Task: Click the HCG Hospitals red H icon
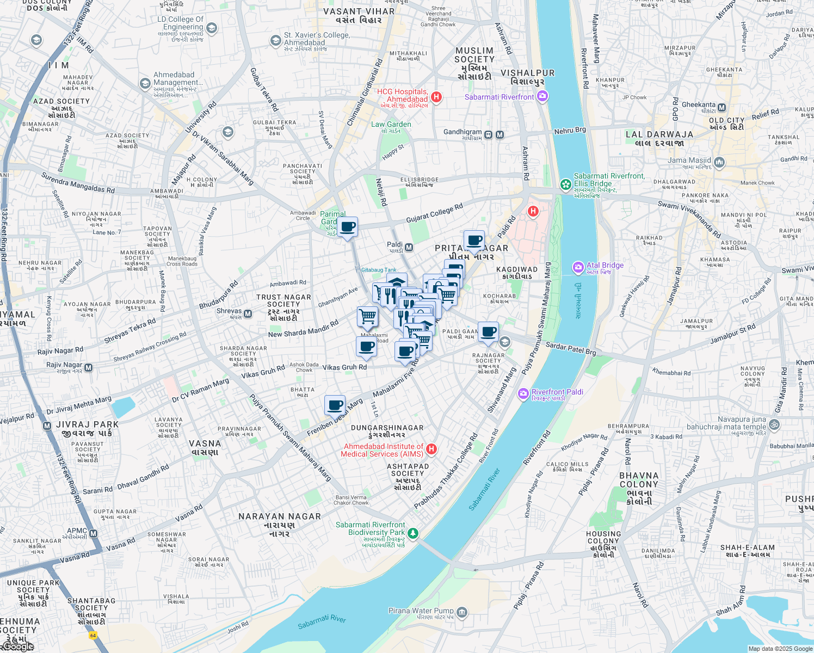(436, 97)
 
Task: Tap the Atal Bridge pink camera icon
(578, 267)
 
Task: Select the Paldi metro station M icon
(409, 248)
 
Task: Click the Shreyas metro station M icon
(248, 313)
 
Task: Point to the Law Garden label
(391, 125)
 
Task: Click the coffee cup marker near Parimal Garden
(348, 227)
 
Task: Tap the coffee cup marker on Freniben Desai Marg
(335, 405)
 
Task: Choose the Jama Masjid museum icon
(719, 162)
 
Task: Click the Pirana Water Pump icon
(462, 613)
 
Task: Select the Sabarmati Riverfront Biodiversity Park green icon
(413, 533)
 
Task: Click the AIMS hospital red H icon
(431, 449)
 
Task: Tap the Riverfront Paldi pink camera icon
(523, 393)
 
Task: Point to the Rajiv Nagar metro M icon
(88, 368)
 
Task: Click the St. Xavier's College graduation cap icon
(276, 41)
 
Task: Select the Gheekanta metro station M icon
(722, 108)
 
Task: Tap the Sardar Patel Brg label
(570, 349)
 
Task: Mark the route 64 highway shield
(93, 635)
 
